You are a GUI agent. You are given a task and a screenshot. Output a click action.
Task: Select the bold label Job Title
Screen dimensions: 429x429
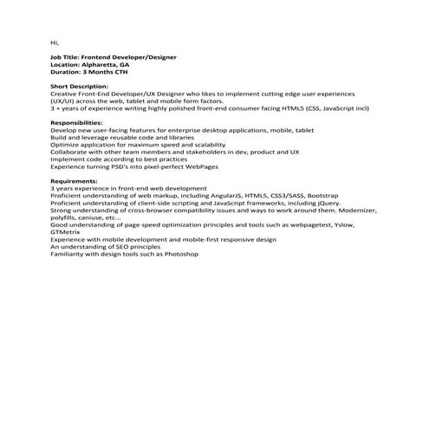coord(68,57)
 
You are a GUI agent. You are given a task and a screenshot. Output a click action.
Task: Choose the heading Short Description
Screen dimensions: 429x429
coord(81,87)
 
